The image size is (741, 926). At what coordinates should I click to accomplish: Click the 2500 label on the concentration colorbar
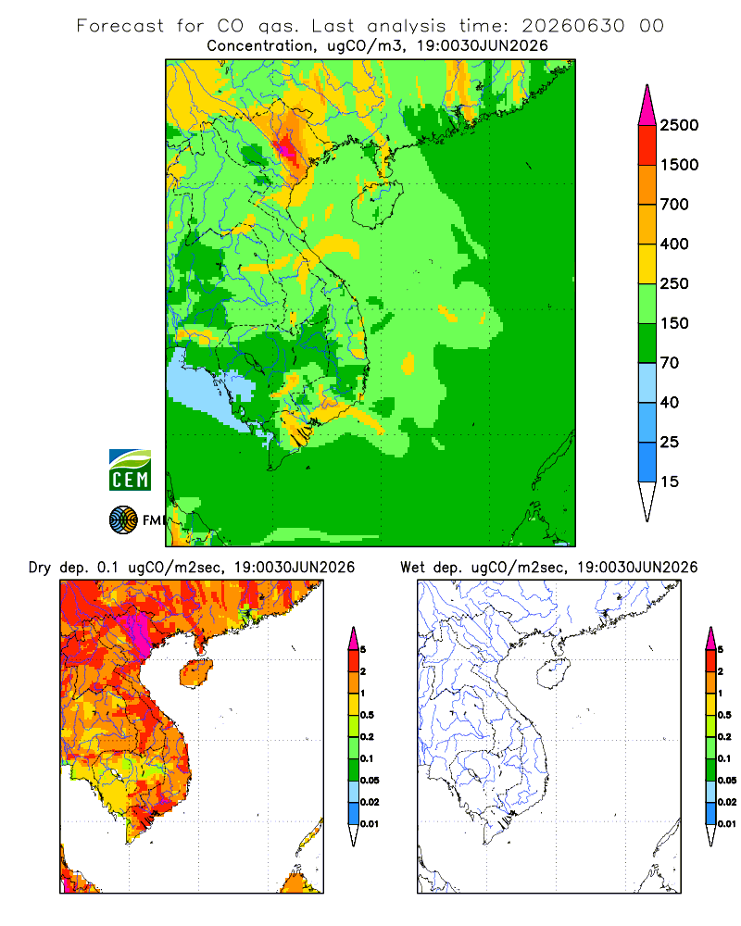coord(679,125)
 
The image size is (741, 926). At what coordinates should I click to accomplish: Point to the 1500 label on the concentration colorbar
coord(679,165)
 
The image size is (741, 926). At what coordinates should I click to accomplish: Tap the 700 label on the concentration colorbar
coord(674,205)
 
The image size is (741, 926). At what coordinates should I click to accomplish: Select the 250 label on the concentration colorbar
coord(674,283)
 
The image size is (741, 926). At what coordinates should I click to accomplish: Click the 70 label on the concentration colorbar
coord(670,363)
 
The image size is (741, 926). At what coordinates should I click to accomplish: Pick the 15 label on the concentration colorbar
coord(670,482)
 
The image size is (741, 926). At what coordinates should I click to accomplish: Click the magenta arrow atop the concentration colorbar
coord(647,106)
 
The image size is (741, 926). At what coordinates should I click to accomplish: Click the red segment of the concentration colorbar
coord(647,145)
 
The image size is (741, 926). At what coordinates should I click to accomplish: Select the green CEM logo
coord(130,470)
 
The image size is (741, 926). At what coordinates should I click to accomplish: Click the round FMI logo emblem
coord(123,520)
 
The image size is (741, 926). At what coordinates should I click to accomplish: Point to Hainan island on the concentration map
coord(376,204)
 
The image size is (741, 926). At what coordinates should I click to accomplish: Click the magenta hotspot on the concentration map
coord(287,147)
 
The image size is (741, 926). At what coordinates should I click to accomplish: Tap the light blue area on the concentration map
coord(207,387)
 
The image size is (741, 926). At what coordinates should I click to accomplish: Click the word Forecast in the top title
coord(120,26)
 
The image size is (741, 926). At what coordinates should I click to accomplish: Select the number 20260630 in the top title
coord(573,26)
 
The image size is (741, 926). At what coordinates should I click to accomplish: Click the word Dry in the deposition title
coord(40,568)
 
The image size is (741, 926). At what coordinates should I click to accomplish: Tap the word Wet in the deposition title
coord(412,568)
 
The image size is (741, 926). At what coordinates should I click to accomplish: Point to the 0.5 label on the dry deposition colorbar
coord(368,715)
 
